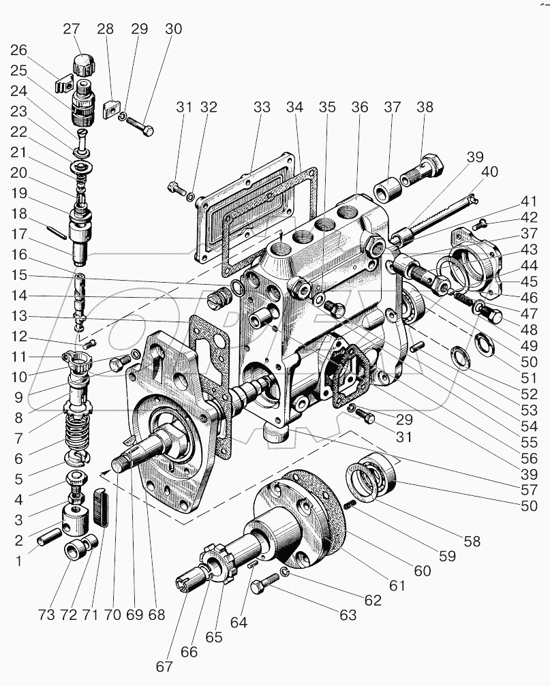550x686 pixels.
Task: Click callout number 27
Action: [x=71, y=29]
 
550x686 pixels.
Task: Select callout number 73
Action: [x=46, y=614]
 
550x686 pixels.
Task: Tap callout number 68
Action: [x=157, y=614]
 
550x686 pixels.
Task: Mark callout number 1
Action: [x=19, y=562]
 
